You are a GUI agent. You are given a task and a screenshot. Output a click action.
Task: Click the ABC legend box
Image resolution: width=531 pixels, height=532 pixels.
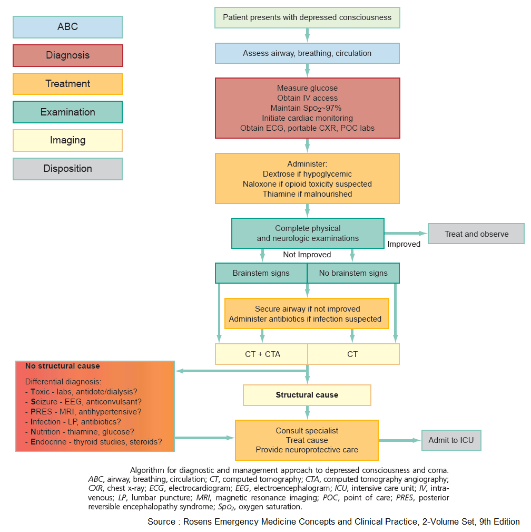67,27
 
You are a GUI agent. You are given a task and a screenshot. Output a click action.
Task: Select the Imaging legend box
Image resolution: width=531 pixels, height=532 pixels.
67,140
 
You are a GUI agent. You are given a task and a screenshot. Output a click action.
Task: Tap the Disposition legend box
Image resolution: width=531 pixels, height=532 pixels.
67,169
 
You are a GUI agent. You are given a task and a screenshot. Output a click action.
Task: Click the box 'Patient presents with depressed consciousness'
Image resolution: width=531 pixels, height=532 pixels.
307,17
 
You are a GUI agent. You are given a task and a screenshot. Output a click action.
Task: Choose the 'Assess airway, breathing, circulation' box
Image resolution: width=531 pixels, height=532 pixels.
307,53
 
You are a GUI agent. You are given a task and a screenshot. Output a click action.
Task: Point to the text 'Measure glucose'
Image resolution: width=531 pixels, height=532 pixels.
307,88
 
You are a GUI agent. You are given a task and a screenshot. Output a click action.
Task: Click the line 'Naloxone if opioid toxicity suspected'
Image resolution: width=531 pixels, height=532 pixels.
307,184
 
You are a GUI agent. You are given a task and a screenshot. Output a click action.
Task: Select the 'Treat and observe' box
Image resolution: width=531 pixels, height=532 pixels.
476,234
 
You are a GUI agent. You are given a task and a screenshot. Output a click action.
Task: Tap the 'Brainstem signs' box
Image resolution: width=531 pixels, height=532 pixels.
261,273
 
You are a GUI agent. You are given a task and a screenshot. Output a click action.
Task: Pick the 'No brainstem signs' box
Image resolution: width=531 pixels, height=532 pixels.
353,273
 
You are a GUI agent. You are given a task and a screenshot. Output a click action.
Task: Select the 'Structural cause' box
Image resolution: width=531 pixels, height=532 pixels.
307,395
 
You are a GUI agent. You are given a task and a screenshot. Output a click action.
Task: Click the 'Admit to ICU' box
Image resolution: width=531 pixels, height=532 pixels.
451,440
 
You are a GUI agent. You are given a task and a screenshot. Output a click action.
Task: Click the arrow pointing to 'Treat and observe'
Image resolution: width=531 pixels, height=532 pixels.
406,233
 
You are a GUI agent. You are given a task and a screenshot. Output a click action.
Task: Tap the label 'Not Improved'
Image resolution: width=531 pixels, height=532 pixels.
307,255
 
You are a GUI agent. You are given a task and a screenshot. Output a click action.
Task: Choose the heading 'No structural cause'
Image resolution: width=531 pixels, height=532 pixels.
62,365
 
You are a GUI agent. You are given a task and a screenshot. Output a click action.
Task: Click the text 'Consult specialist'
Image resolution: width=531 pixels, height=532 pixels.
307,431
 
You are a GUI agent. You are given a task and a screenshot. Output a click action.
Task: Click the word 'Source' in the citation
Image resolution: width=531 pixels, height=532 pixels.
161,522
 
